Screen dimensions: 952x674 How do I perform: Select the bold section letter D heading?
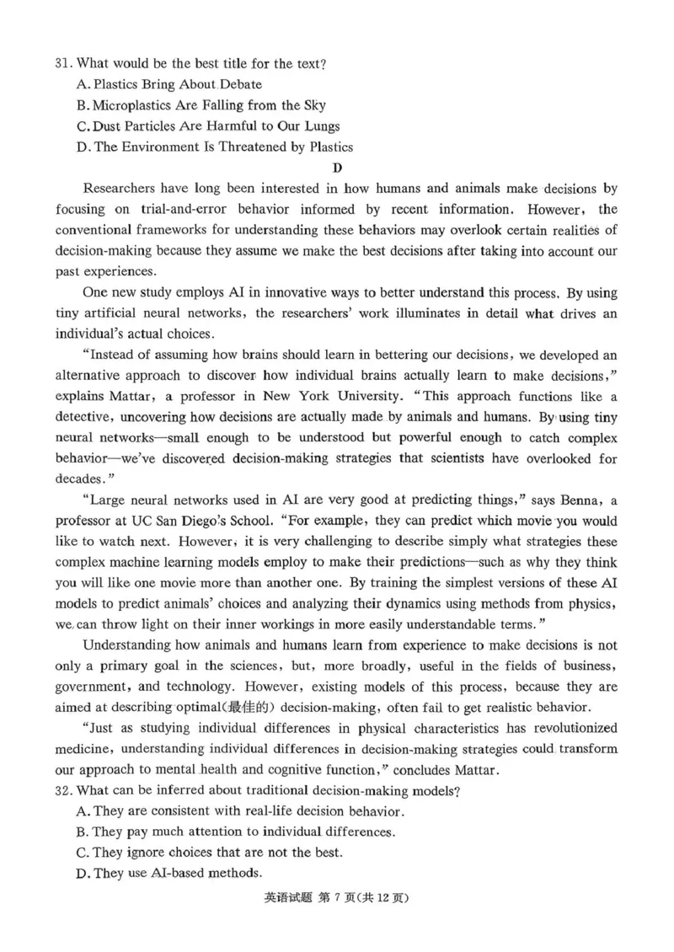click(338, 167)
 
